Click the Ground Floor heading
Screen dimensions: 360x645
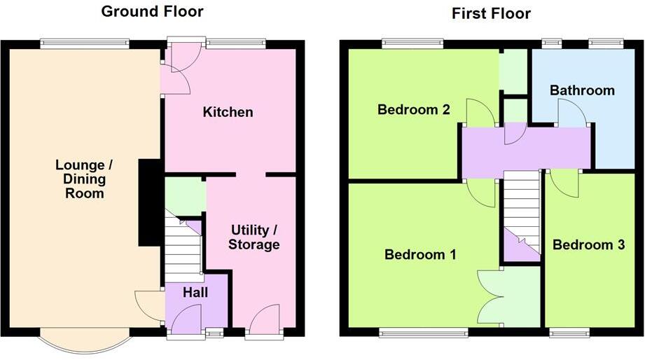[152, 11]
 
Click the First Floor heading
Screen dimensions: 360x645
[491, 13]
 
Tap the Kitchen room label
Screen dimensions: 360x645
[228, 112]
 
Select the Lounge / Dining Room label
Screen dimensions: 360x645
[84, 179]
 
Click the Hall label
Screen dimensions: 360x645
[196, 294]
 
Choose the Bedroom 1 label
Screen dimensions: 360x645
[420, 255]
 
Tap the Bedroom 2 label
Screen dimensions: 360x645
[412, 109]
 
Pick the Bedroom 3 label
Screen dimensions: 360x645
[588, 244]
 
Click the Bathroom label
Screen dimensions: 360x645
[582, 90]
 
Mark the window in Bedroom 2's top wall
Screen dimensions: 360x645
[412, 43]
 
